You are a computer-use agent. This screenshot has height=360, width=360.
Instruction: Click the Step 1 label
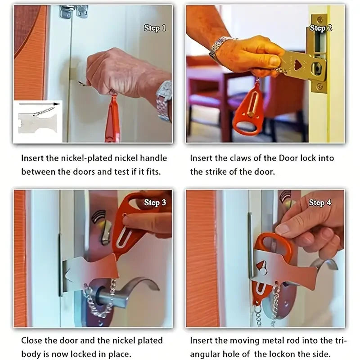coord(155,28)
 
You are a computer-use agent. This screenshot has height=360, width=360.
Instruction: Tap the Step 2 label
coord(320,28)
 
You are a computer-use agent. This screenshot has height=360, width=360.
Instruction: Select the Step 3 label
coord(155,202)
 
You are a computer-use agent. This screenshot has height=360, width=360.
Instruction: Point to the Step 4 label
coord(320,202)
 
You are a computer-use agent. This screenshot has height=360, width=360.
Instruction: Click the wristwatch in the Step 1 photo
coord(164,100)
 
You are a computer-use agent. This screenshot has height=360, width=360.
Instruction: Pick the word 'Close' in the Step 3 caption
coord(32,341)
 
